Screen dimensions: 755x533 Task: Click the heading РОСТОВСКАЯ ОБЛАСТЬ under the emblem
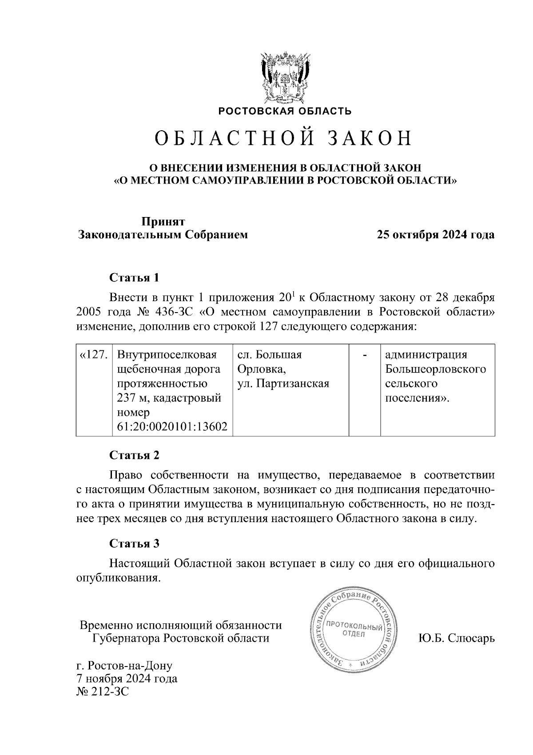(284, 111)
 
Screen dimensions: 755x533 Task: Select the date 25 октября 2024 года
(435, 235)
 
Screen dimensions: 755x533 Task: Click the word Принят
(163, 221)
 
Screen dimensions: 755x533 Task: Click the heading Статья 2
(134, 455)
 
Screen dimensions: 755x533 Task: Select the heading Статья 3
(134, 543)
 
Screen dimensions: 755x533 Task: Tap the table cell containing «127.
(94, 355)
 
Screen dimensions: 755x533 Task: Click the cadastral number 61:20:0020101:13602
(172, 427)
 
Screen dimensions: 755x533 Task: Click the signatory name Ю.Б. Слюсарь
(456, 639)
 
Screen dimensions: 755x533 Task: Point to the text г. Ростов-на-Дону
(124, 666)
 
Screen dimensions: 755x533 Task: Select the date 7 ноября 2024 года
(127, 679)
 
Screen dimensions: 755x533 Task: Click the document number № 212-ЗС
(103, 692)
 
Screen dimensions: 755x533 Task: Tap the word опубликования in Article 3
(118, 578)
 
